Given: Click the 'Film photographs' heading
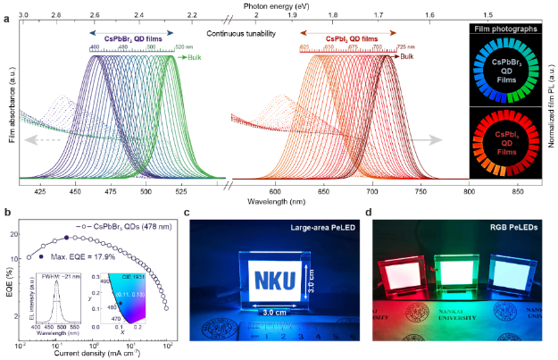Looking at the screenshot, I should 504,29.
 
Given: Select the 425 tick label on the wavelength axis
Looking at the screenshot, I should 40,191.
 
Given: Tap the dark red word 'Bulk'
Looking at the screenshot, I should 407,56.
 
